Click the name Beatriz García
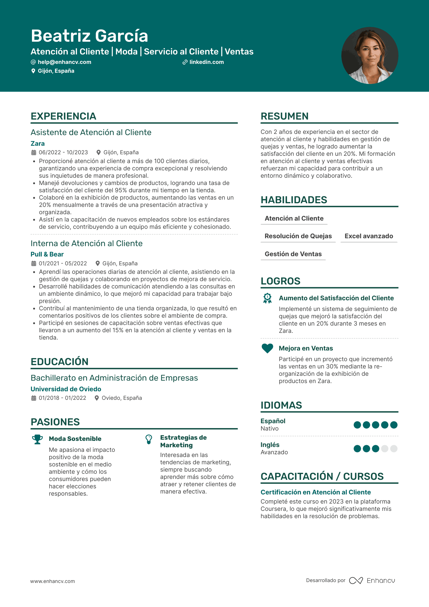point(89,36)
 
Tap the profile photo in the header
point(370,55)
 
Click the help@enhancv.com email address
point(64,62)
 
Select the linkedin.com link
point(206,62)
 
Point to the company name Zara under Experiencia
point(38,144)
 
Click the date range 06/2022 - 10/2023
point(63,152)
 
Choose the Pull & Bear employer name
point(47,254)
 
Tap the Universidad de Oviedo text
point(66,389)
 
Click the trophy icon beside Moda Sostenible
point(37,439)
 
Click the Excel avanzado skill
point(369,236)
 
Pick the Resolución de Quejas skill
point(298,236)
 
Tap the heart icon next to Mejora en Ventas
point(267,348)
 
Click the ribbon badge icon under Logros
point(267,298)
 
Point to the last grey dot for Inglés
point(394,448)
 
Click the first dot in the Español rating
point(357,425)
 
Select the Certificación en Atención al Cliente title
point(316,492)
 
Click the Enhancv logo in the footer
point(372,581)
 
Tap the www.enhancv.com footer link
point(52,581)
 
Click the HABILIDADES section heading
point(294,200)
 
